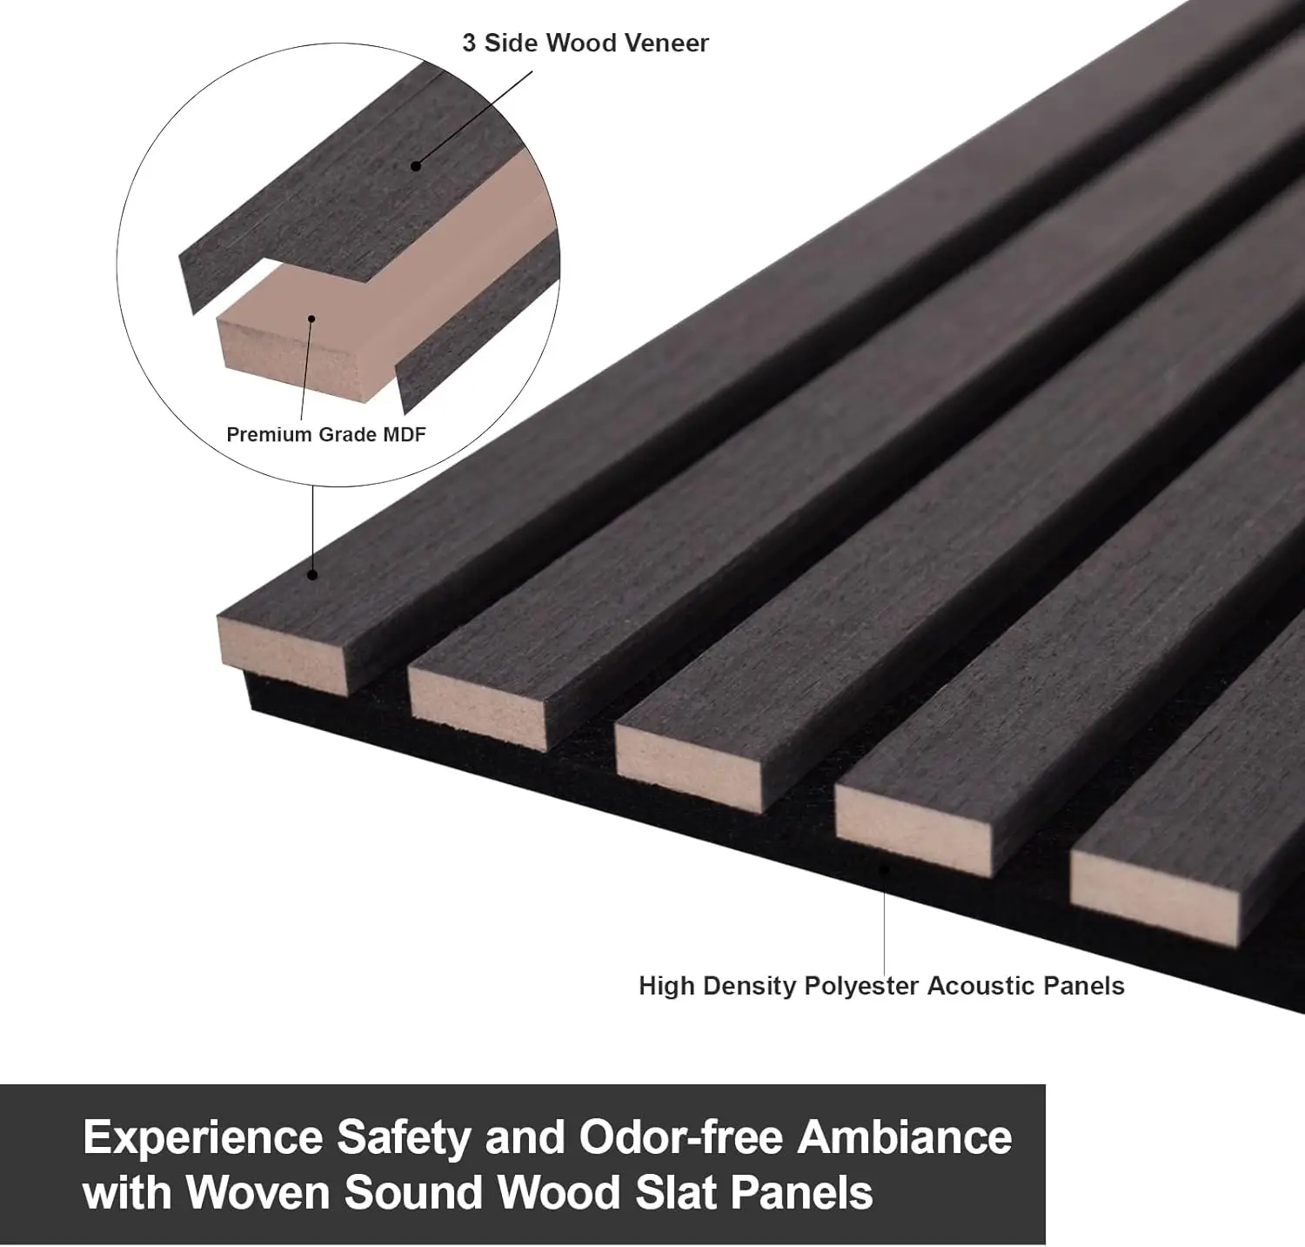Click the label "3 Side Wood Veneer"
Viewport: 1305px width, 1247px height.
(x=586, y=43)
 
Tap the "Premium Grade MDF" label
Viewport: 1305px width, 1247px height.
(x=326, y=434)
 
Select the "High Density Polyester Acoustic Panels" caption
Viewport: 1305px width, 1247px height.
(x=881, y=986)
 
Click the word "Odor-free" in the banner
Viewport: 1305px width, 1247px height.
(x=683, y=1136)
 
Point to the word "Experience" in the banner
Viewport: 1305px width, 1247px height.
(x=204, y=1138)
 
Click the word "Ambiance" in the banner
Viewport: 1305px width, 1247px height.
(x=905, y=1136)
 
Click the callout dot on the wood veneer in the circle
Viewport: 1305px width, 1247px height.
(x=416, y=165)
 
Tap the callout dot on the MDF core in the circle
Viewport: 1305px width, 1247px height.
(x=311, y=318)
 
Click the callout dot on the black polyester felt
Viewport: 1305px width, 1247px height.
(x=885, y=868)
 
